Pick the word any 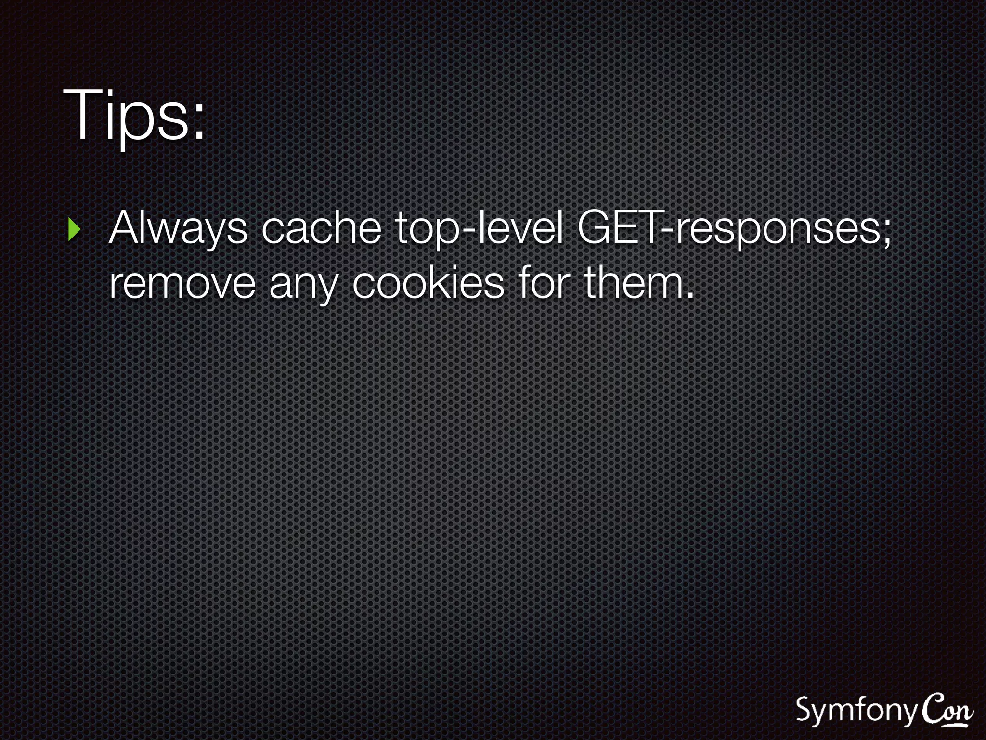[x=303, y=286]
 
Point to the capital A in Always [x=126, y=228]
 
